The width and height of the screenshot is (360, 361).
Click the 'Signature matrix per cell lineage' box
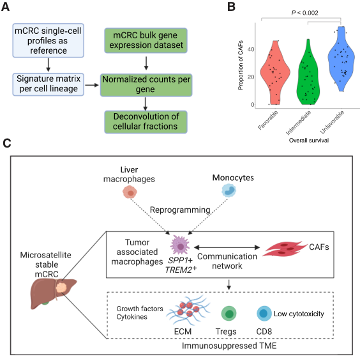point(49,84)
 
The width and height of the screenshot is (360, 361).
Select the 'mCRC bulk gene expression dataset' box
point(146,40)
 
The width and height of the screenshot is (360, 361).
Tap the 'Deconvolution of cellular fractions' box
point(146,122)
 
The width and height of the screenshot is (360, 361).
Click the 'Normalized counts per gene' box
point(146,85)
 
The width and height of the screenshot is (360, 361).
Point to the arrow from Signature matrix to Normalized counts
point(92,85)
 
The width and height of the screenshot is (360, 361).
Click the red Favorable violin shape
point(275,73)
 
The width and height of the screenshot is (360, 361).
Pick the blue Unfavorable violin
point(341,59)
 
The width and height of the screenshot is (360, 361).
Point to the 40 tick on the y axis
point(251,49)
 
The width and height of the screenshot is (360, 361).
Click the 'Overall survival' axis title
point(309,141)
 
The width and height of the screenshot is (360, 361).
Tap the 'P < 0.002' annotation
point(305,13)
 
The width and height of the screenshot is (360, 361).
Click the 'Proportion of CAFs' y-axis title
point(241,65)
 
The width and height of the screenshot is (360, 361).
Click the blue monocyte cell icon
point(229,190)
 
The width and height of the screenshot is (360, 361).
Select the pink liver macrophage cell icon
point(130,192)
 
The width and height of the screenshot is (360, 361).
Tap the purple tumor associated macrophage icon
point(180,245)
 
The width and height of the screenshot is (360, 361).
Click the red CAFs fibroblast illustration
point(285,249)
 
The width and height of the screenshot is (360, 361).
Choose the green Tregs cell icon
point(229,313)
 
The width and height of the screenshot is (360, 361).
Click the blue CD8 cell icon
point(264,313)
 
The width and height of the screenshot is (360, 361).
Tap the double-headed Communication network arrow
point(227,247)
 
